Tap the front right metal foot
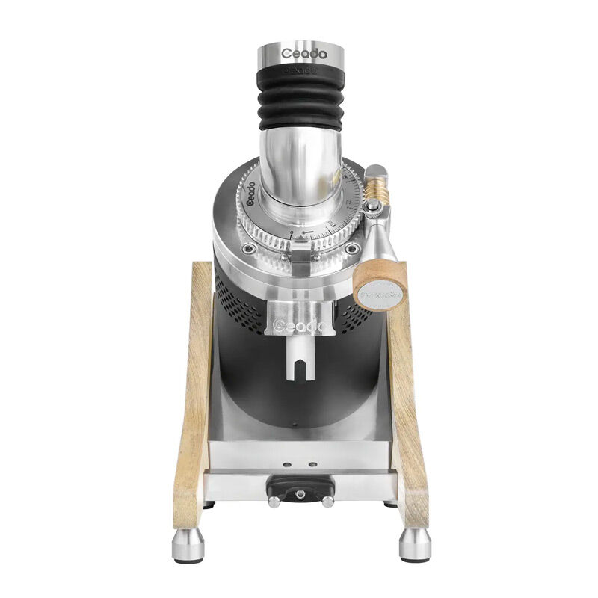pyautogui.click(x=413, y=545)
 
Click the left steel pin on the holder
pyautogui.click(x=274, y=501)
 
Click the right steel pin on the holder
pyautogui.click(x=327, y=501)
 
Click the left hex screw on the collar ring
pyautogui.click(x=249, y=249)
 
